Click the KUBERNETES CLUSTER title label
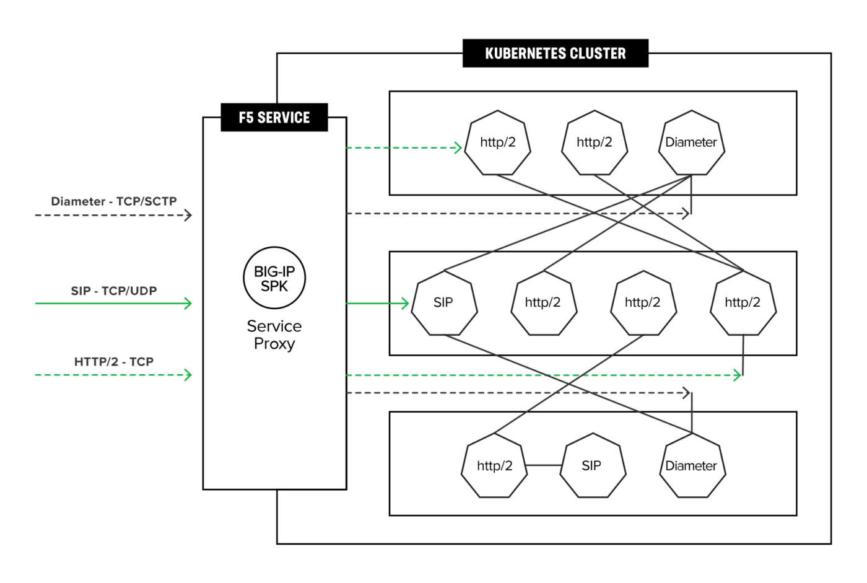pyautogui.click(x=555, y=53)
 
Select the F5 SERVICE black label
pyautogui.click(x=274, y=117)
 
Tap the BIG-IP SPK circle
pyautogui.click(x=274, y=278)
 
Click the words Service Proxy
pyautogui.click(x=274, y=335)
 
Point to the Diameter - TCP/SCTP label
pyautogui.click(x=113, y=201)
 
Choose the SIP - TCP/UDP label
pyautogui.click(x=113, y=291)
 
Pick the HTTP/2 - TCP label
pyautogui.click(x=113, y=362)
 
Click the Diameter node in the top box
pyautogui.click(x=691, y=142)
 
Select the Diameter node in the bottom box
pyautogui.click(x=691, y=466)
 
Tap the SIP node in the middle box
pyautogui.click(x=443, y=303)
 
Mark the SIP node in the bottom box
pyautogui.click(x=591, y=466)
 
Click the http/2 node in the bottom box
pyautogui.click(x=494, y=466)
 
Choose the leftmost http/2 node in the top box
pyautogui.click(x=497, y=142)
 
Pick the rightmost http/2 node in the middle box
pyautogui.click(x=743, y=303)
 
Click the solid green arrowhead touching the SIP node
pyautogui.click(x=406, y=303)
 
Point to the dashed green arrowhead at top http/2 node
pyautogui.click(x=458, y=147)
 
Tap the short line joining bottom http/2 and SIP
pyautogui.click(x=544, y=465)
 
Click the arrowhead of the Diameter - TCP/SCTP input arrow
pyautogui.click(x=188, y=215)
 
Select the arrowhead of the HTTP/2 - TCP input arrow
pyautogui.click(x=188, y=374)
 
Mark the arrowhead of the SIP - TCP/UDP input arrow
pyautogui.click(x=188, y=303)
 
